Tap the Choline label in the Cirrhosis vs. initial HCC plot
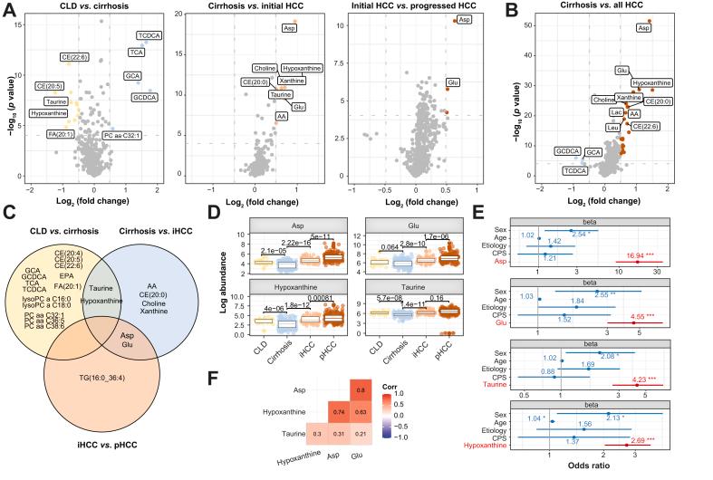click(264, 68)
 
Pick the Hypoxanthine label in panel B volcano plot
click(651, 82)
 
